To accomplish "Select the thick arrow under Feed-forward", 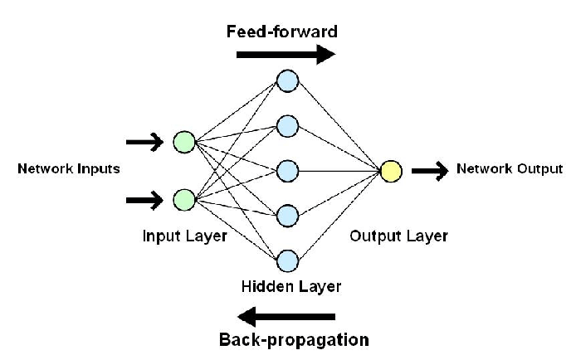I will point(286,55).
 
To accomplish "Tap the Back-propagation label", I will point(294,340).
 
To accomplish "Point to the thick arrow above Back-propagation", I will point(286,316).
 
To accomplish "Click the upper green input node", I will point(183,143).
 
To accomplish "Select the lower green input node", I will point(183,199).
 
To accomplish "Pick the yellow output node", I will point(391,171).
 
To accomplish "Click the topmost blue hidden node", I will point(287,80).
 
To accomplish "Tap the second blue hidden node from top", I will point(287,126).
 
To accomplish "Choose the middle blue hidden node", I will point(287,171).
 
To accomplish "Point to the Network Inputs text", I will point(69,169).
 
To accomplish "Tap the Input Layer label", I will point(183,236).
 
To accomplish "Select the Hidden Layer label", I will point(290,287).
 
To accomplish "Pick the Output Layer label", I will point(398,236).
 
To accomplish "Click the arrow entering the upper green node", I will point(144,143).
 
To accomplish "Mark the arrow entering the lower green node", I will point(144,199).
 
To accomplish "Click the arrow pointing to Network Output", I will point(430,171).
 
